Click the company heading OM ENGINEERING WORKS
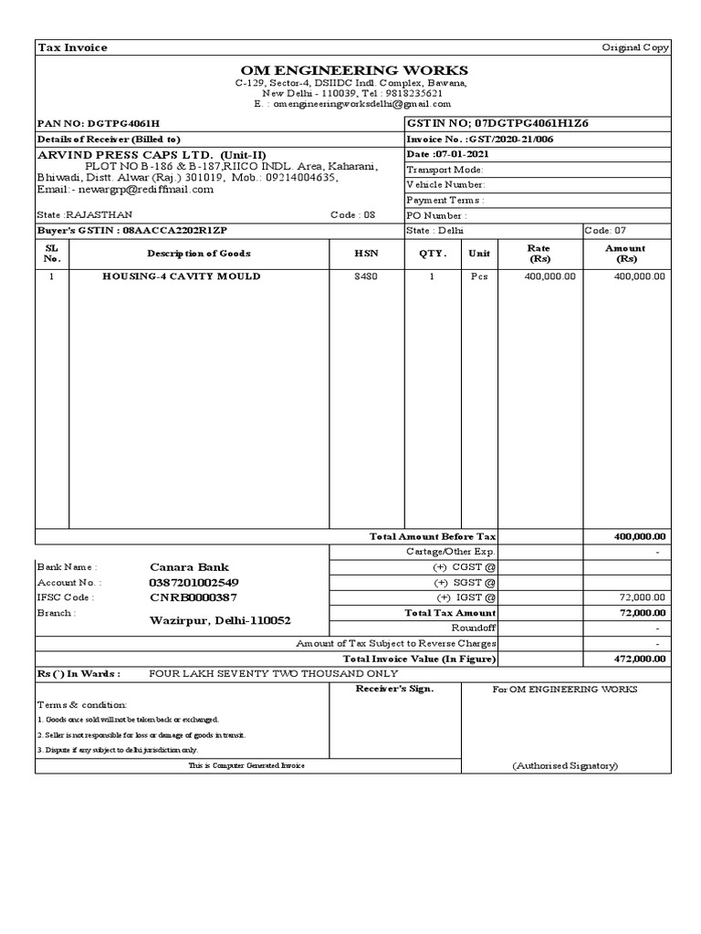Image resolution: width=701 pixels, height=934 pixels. coord(354,70)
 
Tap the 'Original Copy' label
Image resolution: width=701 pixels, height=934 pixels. coord(635,47)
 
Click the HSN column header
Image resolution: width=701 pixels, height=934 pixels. coord(366,254)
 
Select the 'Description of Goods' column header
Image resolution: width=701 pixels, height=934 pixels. coord(198,254)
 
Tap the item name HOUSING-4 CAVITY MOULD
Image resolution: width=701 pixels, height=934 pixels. coord(181,276)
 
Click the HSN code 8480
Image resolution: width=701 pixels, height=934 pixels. coord(365,276)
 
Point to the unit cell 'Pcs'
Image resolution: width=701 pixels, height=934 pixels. coord(479,276)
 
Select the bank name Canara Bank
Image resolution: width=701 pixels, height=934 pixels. coord(189,566)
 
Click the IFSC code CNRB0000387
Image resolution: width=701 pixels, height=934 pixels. coord(193,597)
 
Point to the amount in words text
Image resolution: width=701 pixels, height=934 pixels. coord(273,673)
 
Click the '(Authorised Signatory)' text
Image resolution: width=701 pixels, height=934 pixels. coord(565,765)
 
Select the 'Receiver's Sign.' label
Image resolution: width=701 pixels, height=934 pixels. coord(394,689)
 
